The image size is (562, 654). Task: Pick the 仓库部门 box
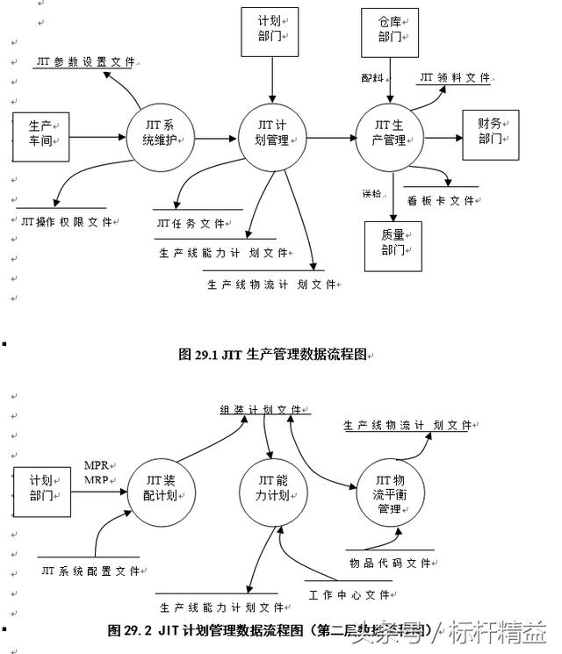[x=390, y=32]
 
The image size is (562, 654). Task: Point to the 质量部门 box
[x=393, y=243]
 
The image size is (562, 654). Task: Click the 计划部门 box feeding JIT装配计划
[x=41, y=492]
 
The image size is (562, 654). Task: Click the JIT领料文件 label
[x=454, y=78]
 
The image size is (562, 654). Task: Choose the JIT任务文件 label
[x=191, y=224]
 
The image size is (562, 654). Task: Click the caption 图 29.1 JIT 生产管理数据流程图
[x=276, y=355]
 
